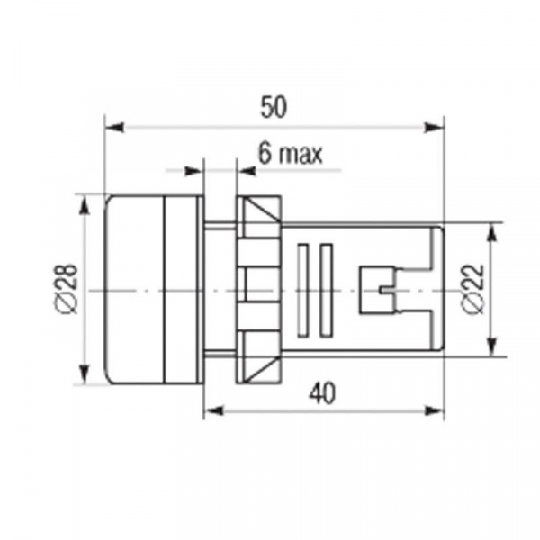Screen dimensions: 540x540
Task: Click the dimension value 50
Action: click(273, 107)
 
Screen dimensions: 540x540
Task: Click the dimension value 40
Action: click(322, 393)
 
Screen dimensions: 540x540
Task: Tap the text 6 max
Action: click(291, 154)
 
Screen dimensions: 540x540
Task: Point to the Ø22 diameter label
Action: click(474, 289)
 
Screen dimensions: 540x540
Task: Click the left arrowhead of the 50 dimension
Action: click(114, 127)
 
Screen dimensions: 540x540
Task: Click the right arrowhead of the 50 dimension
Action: click(434, 127)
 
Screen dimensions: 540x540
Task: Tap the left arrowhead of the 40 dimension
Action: click(213, 410)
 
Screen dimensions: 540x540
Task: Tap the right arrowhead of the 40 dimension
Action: click(434, 410)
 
